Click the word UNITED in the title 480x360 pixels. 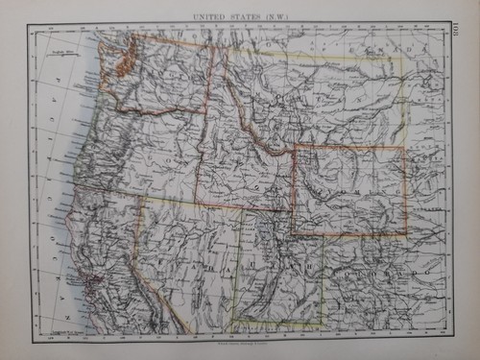209,16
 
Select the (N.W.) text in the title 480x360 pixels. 273,16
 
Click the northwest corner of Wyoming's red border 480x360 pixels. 294,148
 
